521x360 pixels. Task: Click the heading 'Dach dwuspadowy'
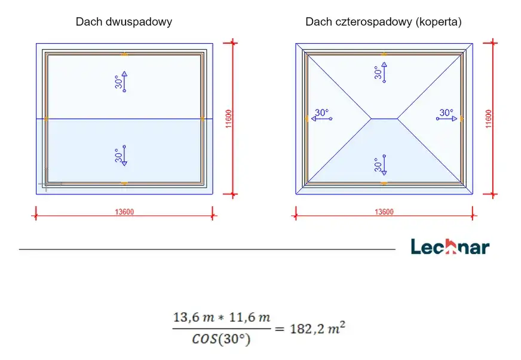[124, 22]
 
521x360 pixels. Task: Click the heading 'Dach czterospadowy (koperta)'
[384, 22]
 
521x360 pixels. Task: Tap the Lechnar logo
[450, 247]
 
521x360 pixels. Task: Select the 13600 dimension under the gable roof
[124, 212]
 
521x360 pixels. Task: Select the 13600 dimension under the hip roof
[384, 212]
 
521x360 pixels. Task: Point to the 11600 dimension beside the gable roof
[229, 119]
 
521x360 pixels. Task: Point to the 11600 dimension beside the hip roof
[489, 119]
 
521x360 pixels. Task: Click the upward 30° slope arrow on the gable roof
[124, 81]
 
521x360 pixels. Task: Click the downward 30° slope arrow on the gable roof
[124, 155]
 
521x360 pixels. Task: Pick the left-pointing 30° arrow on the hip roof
[321, 118]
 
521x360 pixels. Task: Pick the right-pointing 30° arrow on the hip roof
[446, 118]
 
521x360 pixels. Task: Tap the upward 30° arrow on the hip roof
[384, 72]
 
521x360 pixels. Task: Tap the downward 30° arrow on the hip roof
[384, 164]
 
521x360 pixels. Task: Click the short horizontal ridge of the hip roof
[384, 118]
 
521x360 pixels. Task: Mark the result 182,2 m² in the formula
[318, 328]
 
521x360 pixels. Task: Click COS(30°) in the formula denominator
[221, 339]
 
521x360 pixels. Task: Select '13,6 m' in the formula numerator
[194, 318]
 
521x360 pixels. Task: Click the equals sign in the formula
[280, 329]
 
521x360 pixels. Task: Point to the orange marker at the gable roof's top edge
[124, 54]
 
